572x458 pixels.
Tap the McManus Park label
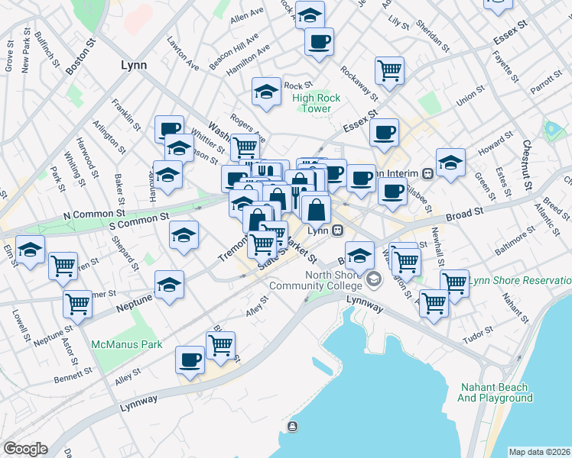127,344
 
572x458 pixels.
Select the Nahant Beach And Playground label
495,392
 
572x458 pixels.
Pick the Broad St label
466,209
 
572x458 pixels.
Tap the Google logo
25,449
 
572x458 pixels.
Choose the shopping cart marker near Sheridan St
389,70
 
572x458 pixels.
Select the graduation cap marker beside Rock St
265,92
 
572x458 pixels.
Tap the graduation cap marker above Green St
450,163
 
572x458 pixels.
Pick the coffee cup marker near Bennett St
190,359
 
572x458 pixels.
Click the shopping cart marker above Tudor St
434,304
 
